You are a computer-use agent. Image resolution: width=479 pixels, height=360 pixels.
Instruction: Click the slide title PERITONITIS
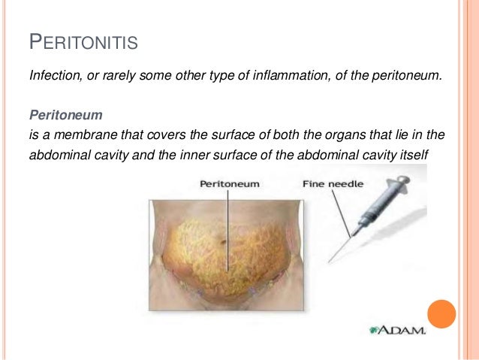(x=83, y=43)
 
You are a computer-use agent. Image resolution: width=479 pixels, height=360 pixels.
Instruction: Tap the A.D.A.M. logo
(x=397, y=329)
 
